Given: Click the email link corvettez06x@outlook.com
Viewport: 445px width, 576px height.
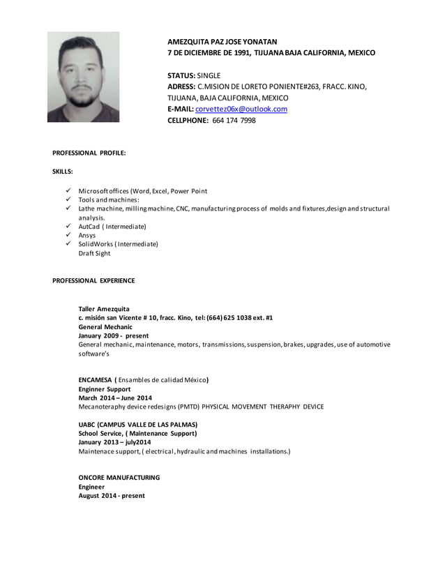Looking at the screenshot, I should click(241, 109).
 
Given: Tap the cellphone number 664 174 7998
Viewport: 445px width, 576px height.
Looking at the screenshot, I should click(234, 120).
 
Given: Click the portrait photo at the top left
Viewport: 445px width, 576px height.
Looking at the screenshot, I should click(83, 77).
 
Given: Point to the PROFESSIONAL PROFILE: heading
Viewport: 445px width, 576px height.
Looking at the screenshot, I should click(89, 152).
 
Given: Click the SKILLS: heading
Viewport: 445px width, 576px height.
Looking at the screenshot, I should click(63, 171).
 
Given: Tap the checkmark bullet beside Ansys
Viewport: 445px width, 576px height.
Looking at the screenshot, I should click(68, 235).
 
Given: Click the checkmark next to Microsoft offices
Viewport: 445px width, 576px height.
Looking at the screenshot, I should click(68, 191).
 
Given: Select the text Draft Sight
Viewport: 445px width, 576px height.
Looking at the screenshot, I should click(94, 253).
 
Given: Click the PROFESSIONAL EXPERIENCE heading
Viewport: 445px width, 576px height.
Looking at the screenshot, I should click(93, 280).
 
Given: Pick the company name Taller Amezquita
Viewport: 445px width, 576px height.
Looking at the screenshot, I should click(104, 308).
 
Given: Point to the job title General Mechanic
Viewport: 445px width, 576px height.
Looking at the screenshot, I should click(105, 326).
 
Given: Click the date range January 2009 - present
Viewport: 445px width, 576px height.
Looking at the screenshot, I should click(113, 335).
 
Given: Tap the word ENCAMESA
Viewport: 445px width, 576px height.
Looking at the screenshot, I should click(97, 380).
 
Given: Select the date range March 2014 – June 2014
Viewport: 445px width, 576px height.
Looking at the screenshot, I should click(115, 397).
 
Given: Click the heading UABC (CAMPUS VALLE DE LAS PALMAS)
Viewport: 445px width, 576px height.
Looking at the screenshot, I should click(137, 424).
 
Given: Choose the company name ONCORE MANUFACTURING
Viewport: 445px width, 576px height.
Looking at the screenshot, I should click(119, 478).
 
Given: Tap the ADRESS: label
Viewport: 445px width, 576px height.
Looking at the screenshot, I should click(182, 86).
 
